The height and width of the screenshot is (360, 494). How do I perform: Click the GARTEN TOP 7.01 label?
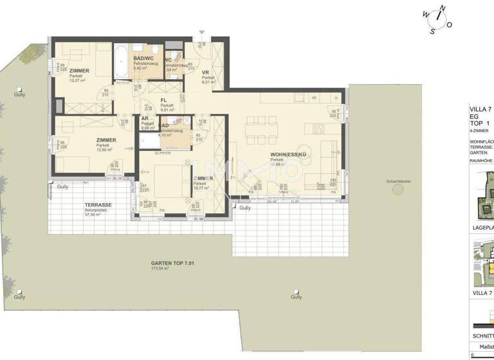[172, 263]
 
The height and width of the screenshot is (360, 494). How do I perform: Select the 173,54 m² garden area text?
[160, 269]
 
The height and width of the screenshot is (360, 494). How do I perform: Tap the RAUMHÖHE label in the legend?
[481, 161]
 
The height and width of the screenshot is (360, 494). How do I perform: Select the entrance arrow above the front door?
[201, 32]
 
